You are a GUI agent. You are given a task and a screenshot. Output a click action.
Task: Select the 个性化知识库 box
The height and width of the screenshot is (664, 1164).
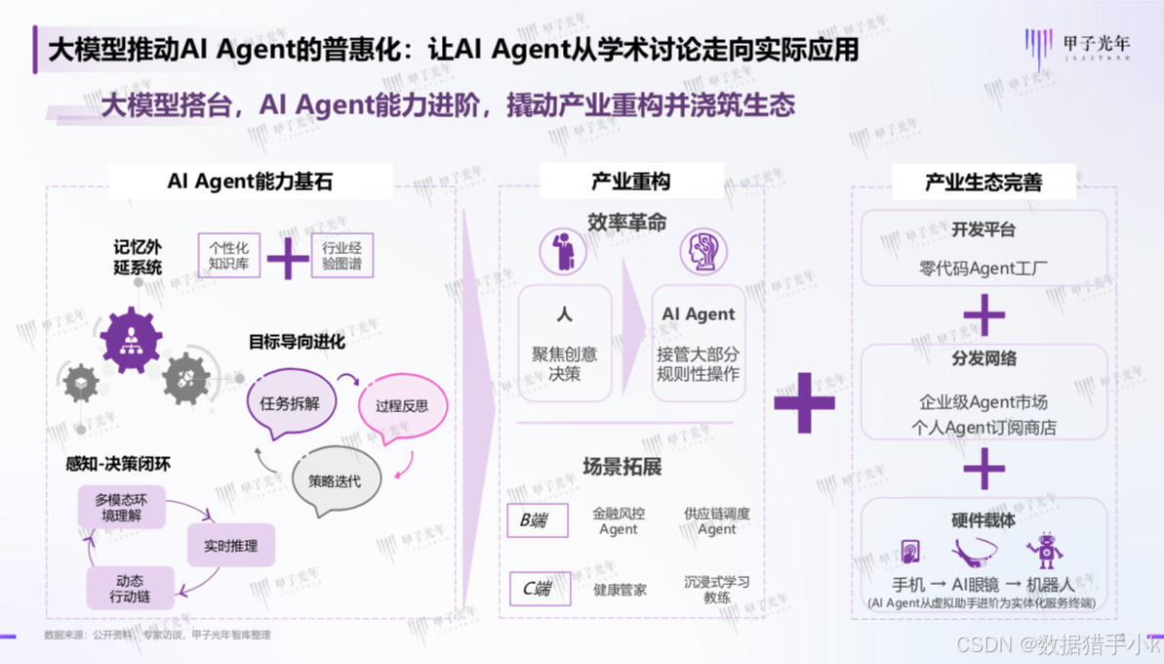228,256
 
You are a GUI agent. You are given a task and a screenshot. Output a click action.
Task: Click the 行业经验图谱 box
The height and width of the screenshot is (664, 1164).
341,256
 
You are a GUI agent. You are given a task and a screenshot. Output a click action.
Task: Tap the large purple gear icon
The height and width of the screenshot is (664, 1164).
131,340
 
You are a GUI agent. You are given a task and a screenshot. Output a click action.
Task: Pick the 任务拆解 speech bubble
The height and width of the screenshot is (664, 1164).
291,402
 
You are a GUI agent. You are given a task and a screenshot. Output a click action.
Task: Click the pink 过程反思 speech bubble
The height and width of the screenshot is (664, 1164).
401,406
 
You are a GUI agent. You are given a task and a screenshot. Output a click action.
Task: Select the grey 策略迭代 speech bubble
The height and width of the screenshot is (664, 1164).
335,480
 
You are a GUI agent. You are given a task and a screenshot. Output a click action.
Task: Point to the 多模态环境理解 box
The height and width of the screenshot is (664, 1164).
121,508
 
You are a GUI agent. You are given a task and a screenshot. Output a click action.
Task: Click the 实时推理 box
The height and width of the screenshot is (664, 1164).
230,546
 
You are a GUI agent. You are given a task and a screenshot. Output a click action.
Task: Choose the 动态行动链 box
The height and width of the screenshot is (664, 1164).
130,588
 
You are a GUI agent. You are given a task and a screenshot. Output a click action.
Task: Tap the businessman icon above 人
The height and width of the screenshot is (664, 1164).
563,252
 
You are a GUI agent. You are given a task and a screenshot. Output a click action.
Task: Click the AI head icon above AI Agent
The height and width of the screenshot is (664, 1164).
702,252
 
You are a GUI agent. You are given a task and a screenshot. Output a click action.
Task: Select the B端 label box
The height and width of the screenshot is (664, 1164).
537,520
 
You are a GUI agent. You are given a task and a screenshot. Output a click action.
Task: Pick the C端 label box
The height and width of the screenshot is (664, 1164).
540,588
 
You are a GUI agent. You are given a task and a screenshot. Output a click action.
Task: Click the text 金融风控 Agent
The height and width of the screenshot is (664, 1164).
619,520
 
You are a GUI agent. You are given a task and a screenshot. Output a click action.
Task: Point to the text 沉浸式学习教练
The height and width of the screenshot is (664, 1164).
717,589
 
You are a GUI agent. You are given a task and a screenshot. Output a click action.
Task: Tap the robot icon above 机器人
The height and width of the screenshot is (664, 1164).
1044,551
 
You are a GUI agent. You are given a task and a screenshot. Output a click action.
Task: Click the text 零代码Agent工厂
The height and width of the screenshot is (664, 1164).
983,268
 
